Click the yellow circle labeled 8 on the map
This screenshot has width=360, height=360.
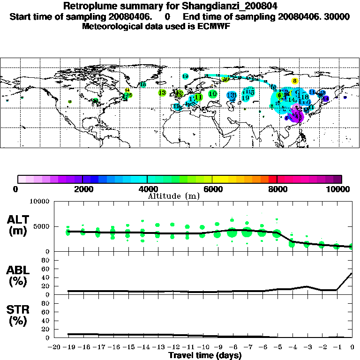point(295,81)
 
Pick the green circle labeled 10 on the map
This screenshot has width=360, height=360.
point(213,94)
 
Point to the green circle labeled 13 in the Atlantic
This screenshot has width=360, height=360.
point(162,93)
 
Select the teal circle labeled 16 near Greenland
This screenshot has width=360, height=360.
point(143,84)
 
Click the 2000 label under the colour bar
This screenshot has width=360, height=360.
point(82,189)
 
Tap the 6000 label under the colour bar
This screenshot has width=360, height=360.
point(212,189)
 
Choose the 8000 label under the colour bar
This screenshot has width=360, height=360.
point(277,189)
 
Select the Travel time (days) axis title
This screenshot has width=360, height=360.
point(205,355)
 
